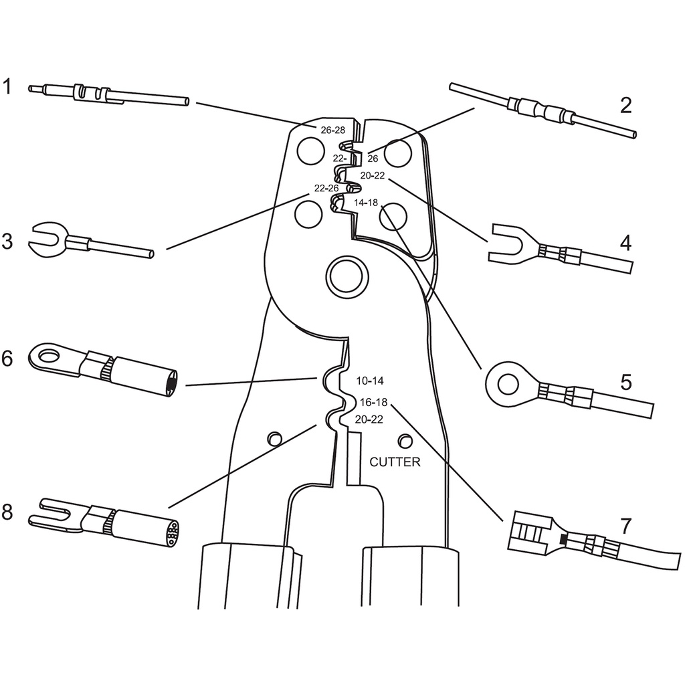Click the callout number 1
tap(7, 86)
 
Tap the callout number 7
tap(625, 526)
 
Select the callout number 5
tap(626, 382)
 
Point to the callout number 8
tap(7, 512)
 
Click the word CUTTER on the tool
tap(395, 462)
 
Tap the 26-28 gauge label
tap(333, 130)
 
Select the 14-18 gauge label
tap(366, 203)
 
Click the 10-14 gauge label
tap(370, 381)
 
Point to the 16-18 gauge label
tap(373, 401)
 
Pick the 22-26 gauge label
tap(326, 188)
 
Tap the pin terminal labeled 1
tap(109, 95)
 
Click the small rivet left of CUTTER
tap(275, 439)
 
